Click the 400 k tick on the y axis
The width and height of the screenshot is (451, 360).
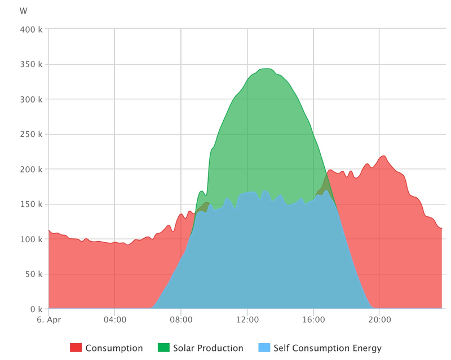click(x=32, y=29)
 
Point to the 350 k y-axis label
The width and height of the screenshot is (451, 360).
click(x=32, y=64)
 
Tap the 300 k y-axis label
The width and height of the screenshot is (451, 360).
click(x=32, y=99)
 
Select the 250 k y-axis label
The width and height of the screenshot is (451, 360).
click(x=32, y=134)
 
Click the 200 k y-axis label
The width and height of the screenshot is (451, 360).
click(x=32, y=169)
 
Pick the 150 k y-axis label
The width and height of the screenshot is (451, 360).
click(x=32, y=204)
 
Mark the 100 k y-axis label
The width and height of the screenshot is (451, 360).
click(x=32, y=239)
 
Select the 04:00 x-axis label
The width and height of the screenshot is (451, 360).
click(x=114, y=320)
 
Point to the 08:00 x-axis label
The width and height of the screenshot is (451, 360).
click(x=181, y=320)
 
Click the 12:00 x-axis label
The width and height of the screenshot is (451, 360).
click(x=247, y=320)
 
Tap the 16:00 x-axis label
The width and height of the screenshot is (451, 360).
click(x=313, y=320)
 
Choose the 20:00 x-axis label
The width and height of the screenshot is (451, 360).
click(x=379, y=320)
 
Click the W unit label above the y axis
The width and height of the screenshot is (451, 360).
click(x=23, y=11)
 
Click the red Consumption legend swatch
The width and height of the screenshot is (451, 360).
click(x=76, y=348)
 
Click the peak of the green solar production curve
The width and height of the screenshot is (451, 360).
click(x=266, y=69)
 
